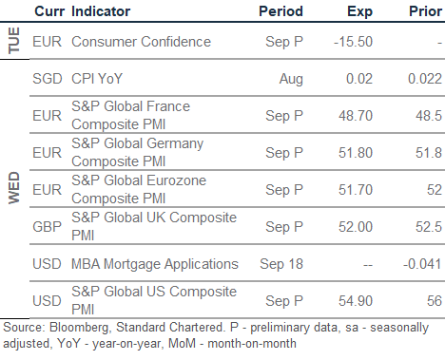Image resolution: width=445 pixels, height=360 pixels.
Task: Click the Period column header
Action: click(281, 11)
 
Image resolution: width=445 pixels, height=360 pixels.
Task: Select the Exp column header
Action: click(359, 12)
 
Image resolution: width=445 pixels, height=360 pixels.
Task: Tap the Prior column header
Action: click(425, 11)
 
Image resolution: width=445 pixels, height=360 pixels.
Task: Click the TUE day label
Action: click(14, 41)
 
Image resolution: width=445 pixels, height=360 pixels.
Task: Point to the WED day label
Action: click(14, 188)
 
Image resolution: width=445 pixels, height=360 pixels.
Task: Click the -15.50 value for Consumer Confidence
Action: click(353, 42)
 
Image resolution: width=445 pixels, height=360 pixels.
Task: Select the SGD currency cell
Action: click(48, 79)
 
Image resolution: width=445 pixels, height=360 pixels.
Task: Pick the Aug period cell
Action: click(291, 80)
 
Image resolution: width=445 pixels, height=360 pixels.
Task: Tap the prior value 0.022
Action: click(425, 79)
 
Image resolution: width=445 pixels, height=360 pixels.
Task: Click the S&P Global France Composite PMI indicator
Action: click(130, 115)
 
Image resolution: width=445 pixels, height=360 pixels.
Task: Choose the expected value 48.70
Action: click(356, 116)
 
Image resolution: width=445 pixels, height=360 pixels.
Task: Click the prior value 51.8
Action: click(429, 153)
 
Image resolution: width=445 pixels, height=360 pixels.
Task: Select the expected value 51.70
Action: click(356, 190)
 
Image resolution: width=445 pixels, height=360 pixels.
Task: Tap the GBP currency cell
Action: click(48, 227)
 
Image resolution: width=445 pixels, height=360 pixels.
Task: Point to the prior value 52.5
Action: click(429, 227)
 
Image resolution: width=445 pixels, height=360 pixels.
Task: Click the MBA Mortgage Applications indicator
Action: click(155, 265)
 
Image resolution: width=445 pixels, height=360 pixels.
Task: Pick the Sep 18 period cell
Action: click(281, 265)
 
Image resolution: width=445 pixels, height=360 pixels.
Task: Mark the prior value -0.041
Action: click(422, 264)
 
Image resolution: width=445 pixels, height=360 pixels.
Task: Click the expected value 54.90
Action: click(356, 301)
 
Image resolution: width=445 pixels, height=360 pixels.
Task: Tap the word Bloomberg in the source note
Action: click(80, 328)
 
